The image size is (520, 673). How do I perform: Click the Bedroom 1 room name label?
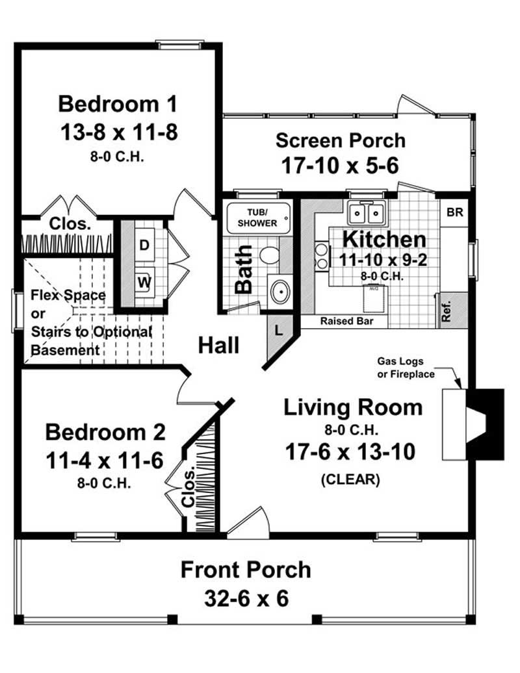118,104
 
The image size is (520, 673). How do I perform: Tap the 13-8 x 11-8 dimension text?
118,132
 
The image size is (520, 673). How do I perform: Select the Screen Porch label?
340,140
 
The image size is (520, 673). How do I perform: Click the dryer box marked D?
144,245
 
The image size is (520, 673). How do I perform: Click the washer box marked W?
144,283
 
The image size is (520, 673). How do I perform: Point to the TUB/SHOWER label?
257,218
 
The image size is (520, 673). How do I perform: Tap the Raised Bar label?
344,321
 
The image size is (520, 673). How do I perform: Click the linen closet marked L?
278,330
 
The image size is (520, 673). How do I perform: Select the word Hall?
218,345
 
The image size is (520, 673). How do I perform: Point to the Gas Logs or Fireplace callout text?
406,367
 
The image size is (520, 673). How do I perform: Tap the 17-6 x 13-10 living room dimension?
350,452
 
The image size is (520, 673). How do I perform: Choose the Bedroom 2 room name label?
105,432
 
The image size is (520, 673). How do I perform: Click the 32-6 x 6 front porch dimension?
246,598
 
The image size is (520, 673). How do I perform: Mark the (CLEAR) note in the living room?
350,480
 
